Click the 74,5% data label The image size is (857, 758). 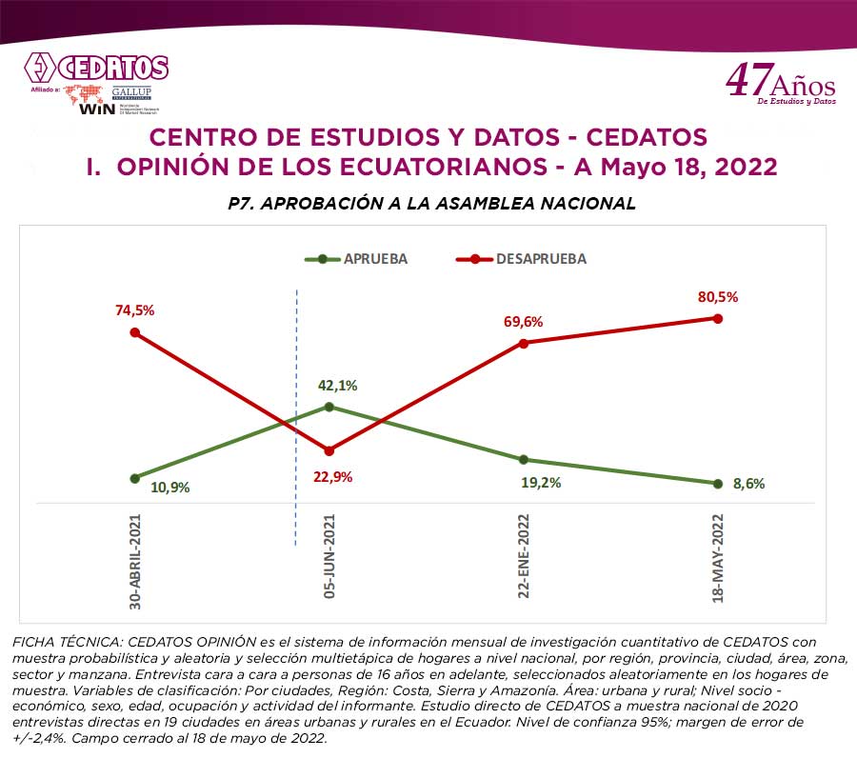[135, 309]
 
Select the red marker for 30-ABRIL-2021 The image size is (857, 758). [135, 332]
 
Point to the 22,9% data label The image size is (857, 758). [333, 476]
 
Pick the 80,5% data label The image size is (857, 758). [719, 296]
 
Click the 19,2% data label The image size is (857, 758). [542, 482]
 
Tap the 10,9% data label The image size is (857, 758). [170, 487]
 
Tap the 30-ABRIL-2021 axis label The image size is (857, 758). [135, 562]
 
